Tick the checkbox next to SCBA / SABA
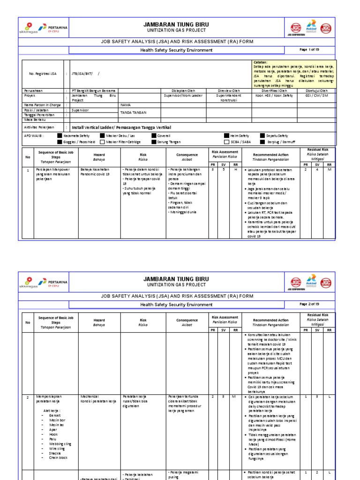coord(227,142)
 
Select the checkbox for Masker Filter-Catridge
coord(102,142)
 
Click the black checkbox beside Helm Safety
coord(227,135)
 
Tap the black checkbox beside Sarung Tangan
coord(153,142)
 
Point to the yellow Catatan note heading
coord(260,62)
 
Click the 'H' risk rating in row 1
coord(235,170)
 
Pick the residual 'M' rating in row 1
coord(329,170)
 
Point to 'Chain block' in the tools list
coord(58,457)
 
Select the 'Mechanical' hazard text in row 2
coord(90,396)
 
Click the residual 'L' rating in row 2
coord(329,396)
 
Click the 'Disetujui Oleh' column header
coord(317,90)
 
